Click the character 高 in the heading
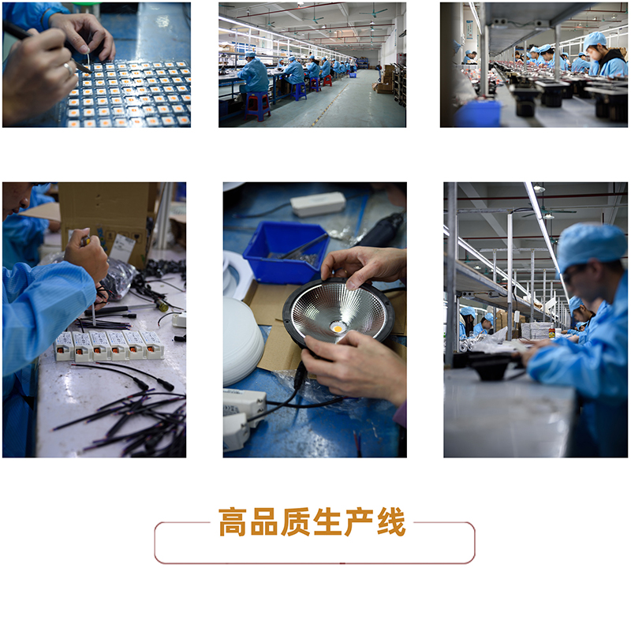(233, 522)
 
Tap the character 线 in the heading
(391, 522)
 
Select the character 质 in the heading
(296, 522)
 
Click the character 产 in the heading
(360, 522)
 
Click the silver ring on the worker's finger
(69, 69)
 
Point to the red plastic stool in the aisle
(259, 106)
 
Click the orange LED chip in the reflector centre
(338, 329)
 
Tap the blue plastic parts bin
(286, 252)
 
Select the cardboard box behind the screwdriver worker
(109, 222)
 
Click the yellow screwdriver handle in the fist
(85, 241)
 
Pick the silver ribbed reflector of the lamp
(338, 312)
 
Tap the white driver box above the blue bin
(318, 203)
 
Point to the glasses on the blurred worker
(571, 274)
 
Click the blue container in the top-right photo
(478, 114)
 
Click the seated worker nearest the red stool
(253, 74)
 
